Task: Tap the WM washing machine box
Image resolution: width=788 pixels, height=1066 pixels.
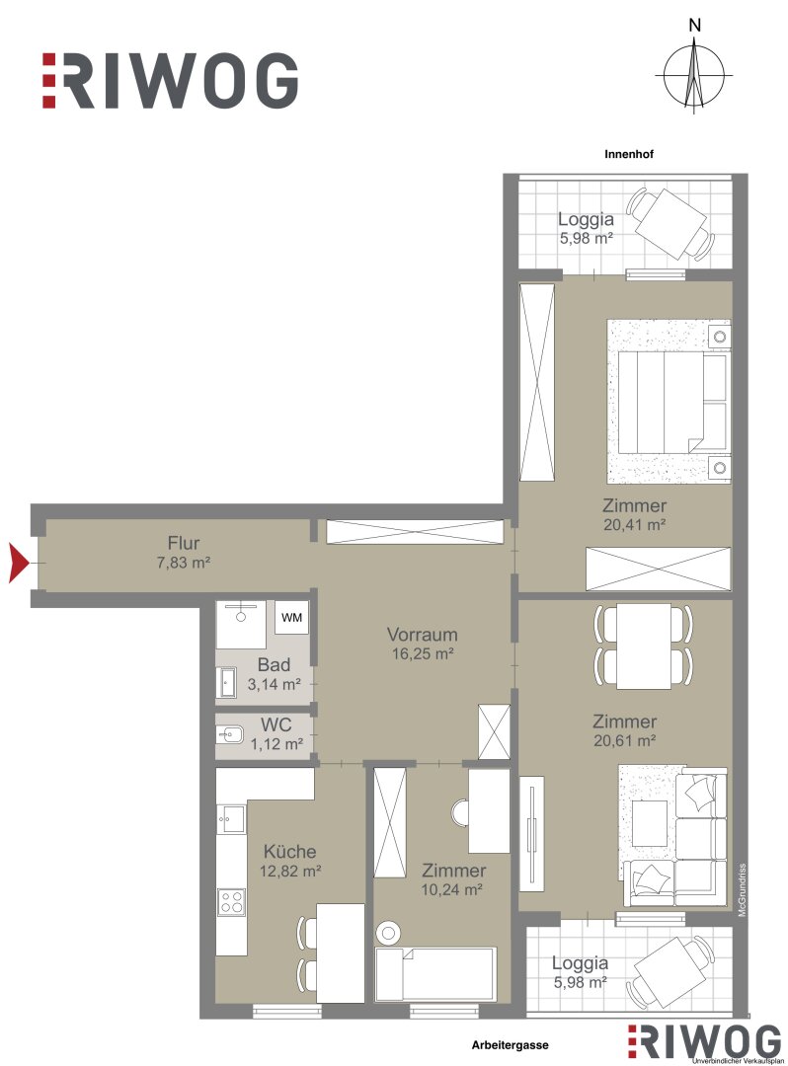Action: coord(291,617)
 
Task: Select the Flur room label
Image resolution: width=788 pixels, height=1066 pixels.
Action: coord(184,543)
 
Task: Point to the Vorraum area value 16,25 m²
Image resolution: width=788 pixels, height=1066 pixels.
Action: coord(423,654)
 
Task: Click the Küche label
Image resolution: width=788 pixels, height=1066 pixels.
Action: coord(289,851)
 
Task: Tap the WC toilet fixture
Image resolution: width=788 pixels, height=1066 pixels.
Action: coord(230,734)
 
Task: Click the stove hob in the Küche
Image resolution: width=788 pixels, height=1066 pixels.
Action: coord(231,901)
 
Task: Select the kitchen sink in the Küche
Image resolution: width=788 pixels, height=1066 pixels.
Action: coord(231,818)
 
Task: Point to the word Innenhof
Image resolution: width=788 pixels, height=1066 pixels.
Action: coord(629,154)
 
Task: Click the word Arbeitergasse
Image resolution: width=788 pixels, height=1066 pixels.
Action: coord(510,1045)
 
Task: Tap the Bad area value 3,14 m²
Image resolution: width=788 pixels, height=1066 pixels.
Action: coord(274,684)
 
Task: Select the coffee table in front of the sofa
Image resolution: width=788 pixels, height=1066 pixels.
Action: coord(650,823)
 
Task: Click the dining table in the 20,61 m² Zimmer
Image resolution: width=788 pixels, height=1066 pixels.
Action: coord(644,646)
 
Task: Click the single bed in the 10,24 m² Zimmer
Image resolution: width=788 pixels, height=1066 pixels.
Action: coord(435,974)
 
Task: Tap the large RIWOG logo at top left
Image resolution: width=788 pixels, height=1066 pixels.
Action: coord(170,80)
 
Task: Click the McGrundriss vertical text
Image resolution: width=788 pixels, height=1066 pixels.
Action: coord(743,889)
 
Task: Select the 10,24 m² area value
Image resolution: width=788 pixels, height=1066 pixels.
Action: coord(452,889)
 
